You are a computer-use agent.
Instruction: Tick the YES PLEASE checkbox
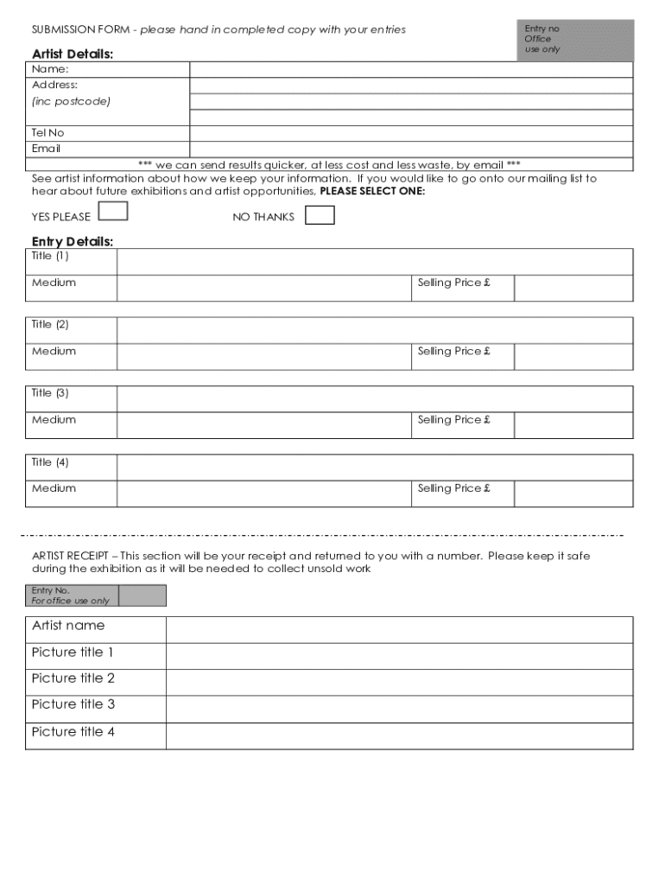114,212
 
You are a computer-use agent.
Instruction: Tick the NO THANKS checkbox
320,215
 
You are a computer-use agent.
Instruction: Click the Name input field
411,70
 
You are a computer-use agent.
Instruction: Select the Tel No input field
411,133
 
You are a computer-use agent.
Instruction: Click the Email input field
411,149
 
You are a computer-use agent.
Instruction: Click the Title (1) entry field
374,262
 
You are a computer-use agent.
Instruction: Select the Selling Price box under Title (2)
573,357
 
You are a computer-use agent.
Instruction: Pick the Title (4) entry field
374,468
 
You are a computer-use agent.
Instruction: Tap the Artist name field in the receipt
399,630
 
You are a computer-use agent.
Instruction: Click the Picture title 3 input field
399,710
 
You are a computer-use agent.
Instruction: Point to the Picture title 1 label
73,653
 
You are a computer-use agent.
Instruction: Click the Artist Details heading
73,54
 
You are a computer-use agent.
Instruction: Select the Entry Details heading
73,241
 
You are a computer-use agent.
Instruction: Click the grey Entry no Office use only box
574,40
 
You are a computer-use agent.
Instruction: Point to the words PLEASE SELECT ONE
372,191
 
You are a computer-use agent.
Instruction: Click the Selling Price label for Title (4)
453,488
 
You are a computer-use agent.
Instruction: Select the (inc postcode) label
71,101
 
